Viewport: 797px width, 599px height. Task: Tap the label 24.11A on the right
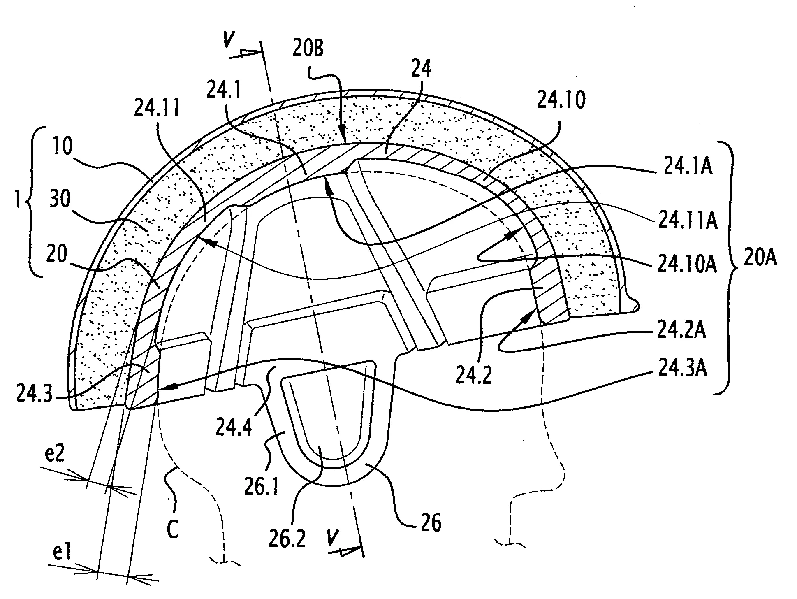tap(688, 221)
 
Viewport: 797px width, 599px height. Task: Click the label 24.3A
tap(682, 368)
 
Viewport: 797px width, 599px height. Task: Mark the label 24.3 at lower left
tap(34, 394)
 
